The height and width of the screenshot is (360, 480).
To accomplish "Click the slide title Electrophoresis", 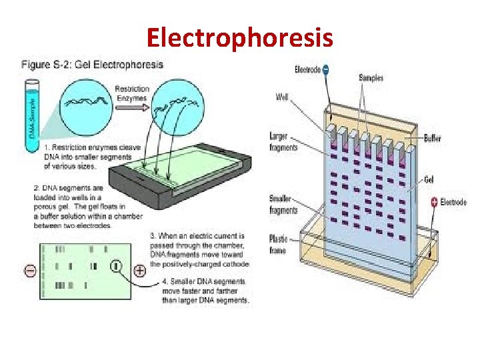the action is pyautogui.click(x=239, y=37).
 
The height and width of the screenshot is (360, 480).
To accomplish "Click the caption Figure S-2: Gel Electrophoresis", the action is pyautogui.click(x=93, y=65).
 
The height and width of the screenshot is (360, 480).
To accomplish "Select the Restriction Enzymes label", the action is pyautogui.click(x=132, y=93).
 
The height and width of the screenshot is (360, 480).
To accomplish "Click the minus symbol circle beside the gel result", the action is pyautogui.click(x=30, y=271).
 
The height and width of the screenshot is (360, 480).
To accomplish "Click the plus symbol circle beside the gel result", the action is pyautogui.click(x=139, y=271).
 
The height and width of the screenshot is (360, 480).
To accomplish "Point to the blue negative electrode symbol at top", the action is pyautogui.click(x=325, y=69).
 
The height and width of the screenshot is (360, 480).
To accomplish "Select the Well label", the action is pyautogui.click(x=282, y=97).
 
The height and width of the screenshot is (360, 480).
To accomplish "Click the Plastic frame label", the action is pyautogui.click(x=278, y=244).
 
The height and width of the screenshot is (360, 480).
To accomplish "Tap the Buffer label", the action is pyautogui.click(x=431, y=139).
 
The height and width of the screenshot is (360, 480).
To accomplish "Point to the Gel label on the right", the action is pyautogui.click(x=430, y=179).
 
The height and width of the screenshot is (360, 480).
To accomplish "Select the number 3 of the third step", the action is pyautogui.click(x=153, y=236).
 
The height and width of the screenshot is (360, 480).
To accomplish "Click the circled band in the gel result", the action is pyautogui.click(x=116, y=267).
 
